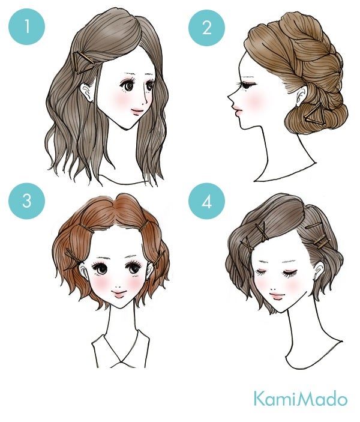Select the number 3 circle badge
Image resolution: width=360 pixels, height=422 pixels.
click(26, 200)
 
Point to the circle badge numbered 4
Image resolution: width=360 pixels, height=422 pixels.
click(208, 200)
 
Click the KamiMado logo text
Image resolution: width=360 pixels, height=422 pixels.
click(299, 399)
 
